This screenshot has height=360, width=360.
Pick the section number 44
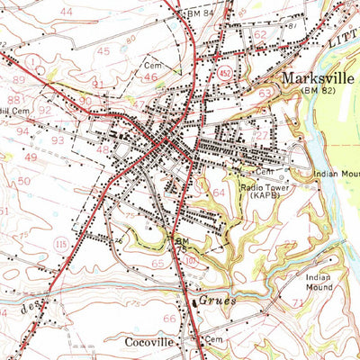tap(65, 12)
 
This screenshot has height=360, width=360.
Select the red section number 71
tap(297, 306)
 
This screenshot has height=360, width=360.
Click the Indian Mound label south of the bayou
tap(319, 281)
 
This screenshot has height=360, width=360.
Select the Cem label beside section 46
tap(151, 67)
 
